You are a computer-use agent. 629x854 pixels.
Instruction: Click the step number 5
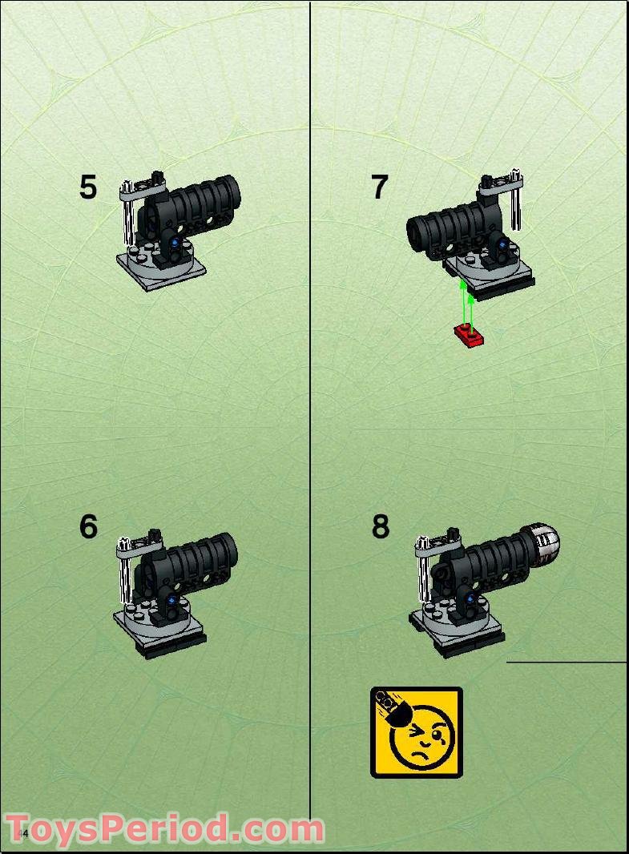pos(88,187)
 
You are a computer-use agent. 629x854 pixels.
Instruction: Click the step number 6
pos(88,527)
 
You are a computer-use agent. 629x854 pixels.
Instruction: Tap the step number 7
pos(380,187)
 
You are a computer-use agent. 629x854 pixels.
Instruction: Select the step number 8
pos(381,527)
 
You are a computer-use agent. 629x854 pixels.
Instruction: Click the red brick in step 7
pos(469,335)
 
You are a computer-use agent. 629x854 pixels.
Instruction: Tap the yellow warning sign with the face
pos(416,731)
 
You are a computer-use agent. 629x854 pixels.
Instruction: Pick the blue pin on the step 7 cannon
pos(502,245)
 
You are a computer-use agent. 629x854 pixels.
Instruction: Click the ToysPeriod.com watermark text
pos(164,829)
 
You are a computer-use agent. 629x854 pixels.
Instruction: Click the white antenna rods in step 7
pos(518,200)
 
